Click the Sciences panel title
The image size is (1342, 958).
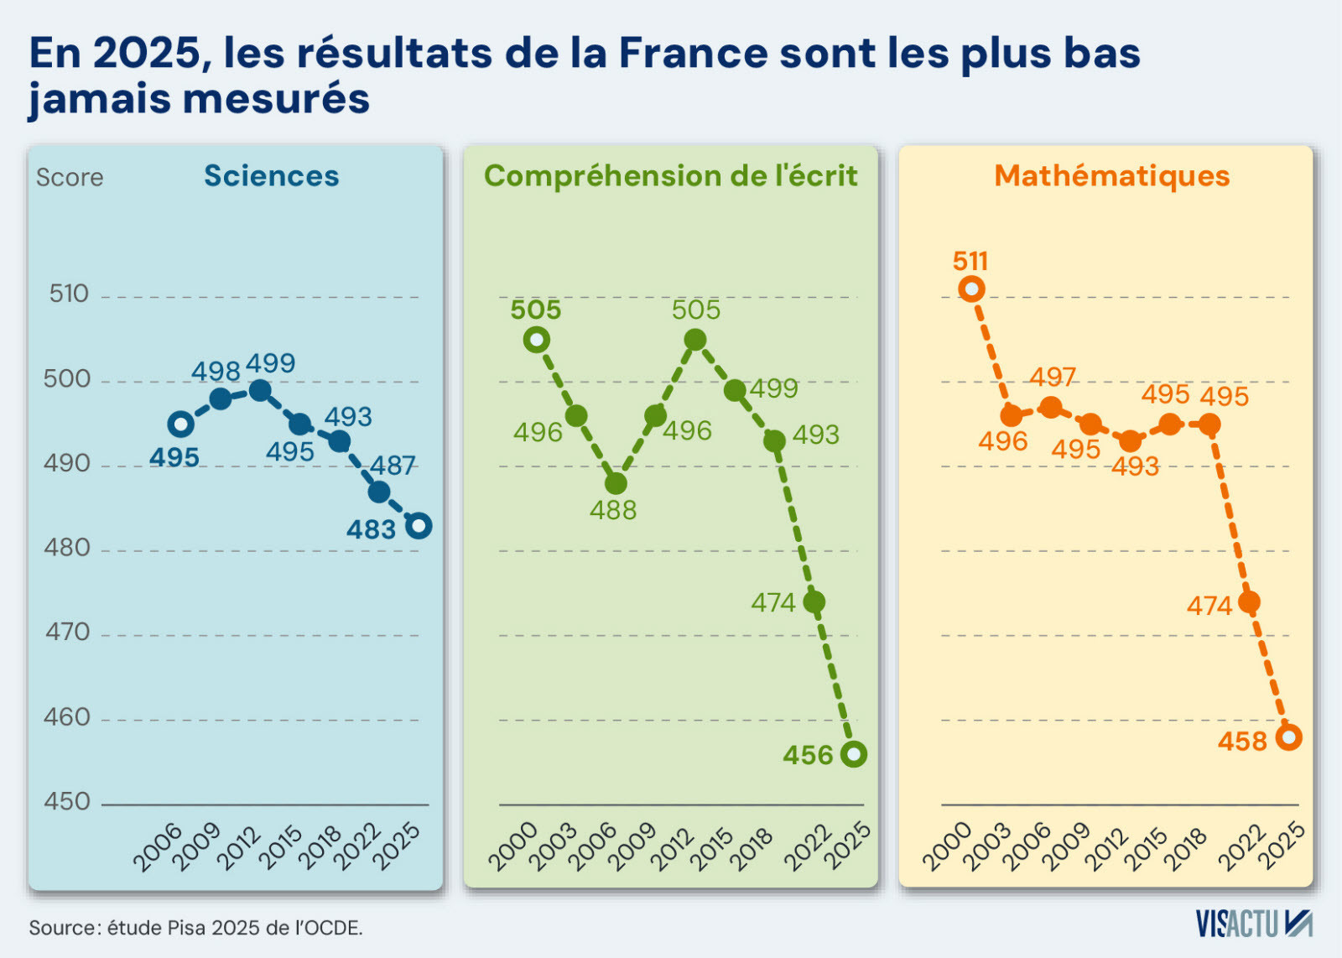pos(272,176)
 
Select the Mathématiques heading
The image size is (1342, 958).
pos(1112,176)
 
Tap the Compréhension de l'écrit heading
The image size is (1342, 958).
pos(670,177)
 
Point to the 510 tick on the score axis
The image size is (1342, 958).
pos(69,294)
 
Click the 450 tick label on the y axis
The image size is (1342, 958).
pos(66,802)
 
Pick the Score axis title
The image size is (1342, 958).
pos(70,177)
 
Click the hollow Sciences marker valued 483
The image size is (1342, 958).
pos(419,526)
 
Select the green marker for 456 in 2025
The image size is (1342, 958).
pos(854,754)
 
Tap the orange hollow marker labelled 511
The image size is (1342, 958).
pos(971,289)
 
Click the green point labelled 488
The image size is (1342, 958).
pos(616,483)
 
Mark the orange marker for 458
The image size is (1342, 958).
pos(1288,737)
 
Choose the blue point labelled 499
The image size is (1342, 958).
pos(259,391)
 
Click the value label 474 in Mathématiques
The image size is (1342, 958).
pos(1209,607)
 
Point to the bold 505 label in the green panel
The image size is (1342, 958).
pos(536,310)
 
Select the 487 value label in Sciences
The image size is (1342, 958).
pos(393,466)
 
